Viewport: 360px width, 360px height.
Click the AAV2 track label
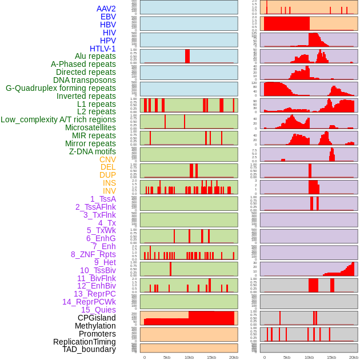(106, 9)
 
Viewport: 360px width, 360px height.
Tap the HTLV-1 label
(102, 49)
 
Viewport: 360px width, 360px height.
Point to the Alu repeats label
(95, 56)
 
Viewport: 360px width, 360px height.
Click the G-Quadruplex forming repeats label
(61, 88)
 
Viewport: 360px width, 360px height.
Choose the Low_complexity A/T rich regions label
(58, 119)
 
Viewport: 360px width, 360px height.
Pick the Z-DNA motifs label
(92, 151)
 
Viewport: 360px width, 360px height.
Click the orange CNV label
(107, 159)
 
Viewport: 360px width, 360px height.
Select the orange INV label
(109, 191)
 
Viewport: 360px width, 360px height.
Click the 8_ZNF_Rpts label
(93, 254)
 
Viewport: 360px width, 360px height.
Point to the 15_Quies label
(98, 310)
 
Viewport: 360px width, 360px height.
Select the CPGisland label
(97, 318)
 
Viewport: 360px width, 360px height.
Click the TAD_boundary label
(89, 349)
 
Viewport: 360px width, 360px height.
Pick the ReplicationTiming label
(85, 342)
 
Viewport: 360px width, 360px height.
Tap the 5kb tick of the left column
(167, 357)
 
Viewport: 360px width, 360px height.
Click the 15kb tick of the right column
(331, 357)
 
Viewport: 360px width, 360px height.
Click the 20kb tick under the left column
(233, 357)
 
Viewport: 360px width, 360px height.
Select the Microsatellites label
(90, 127)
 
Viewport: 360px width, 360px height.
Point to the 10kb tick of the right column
(309, 357)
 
